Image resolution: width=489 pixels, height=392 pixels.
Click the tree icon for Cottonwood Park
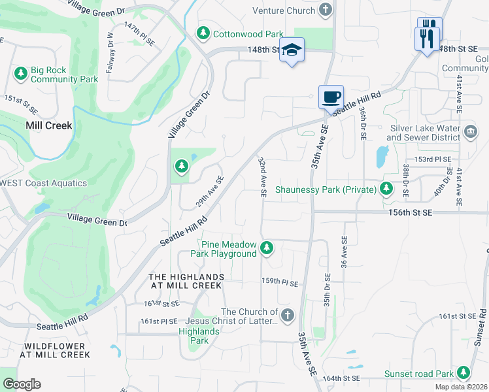pyautogui.click(x=203, y=33)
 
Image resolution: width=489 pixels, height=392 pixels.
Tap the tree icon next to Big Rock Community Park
pyautogui.click(x=20, y=72)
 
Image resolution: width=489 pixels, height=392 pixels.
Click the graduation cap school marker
pyautogui.click(x=292, y=50)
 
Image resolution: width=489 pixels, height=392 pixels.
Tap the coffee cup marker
pyautogui.click(x=331, y=97)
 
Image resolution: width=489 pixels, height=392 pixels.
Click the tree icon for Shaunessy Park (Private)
pyautogui.click(x=387, y=189)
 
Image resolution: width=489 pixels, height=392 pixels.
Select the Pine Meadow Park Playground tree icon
pyautogui.click(x=266, y=248)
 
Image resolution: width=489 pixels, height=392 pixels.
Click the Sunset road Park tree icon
pyautogui.click(x=464, y=373)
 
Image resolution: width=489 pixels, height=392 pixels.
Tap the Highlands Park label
pyautogui.click(x=194, y=331)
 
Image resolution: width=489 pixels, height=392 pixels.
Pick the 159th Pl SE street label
pyautogui.click(x=280, y=284)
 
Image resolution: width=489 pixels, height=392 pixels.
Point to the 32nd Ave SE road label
pyautogui.click(x=262, y=177)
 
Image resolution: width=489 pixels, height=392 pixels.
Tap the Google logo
pyautogui.click(x=22, y=384)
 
